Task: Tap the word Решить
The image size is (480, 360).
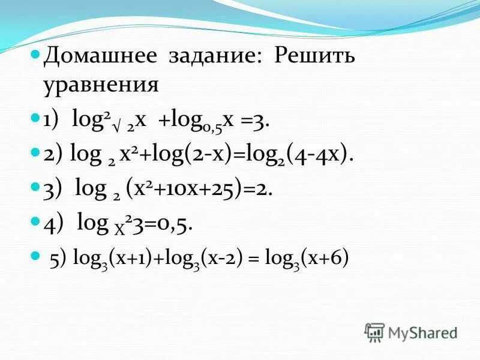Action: point(315,58)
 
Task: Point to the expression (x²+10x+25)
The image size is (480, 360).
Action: point(185,189)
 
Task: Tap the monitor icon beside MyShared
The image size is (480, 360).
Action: point(374,332)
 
